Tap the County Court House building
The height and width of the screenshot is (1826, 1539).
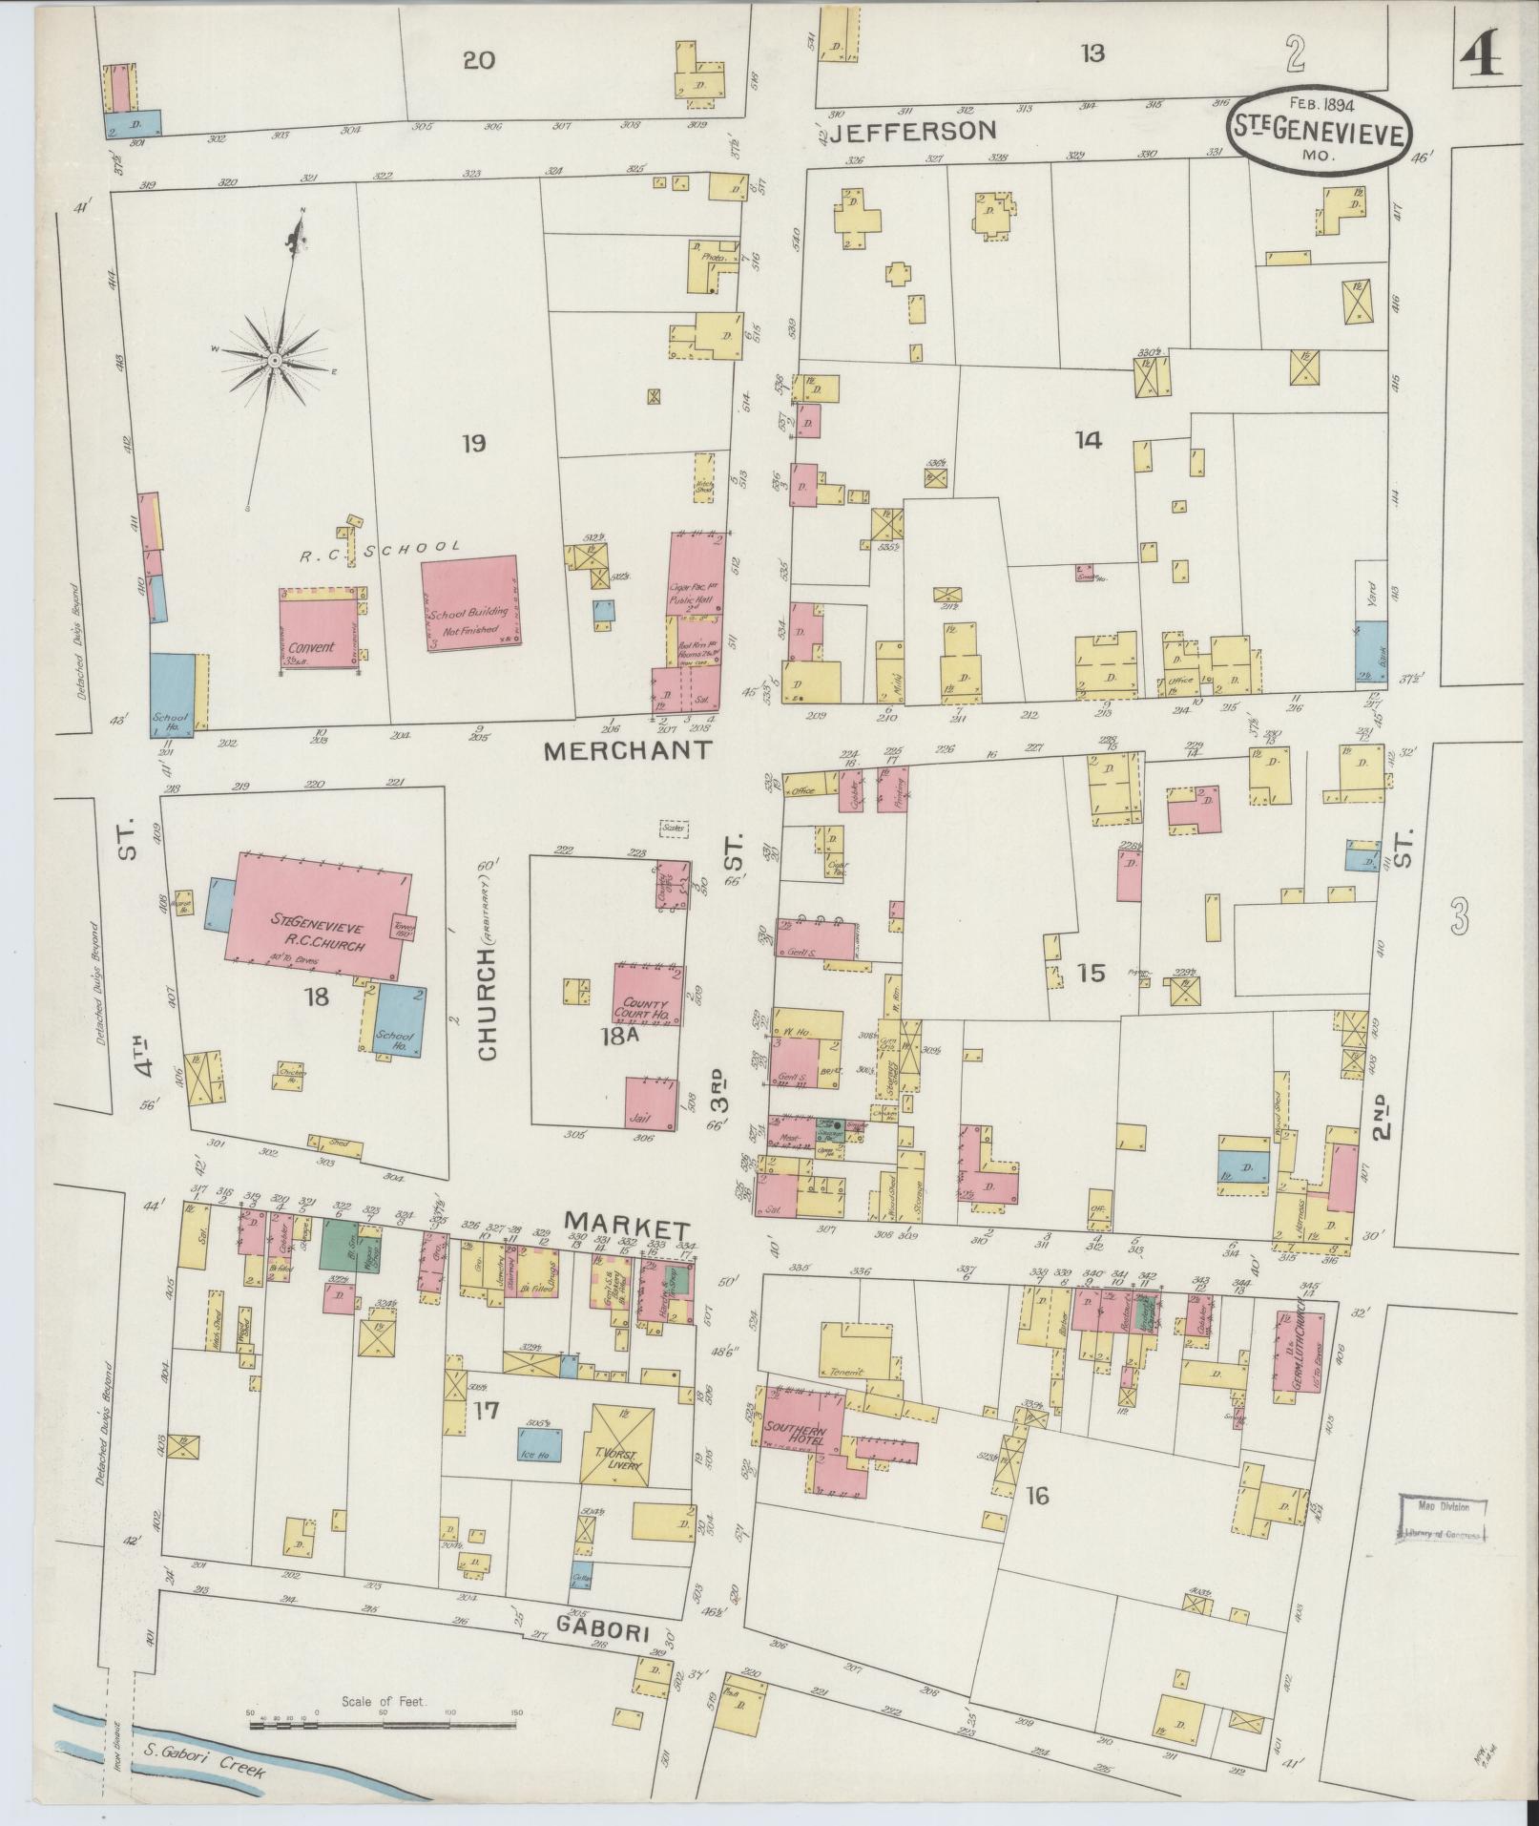[646, 996]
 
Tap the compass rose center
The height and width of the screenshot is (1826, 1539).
[274, 360]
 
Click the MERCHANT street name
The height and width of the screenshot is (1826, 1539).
[627, 751]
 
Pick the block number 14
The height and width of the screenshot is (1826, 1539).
[1087, 440]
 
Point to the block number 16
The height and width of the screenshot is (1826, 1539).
[1037, 1495]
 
